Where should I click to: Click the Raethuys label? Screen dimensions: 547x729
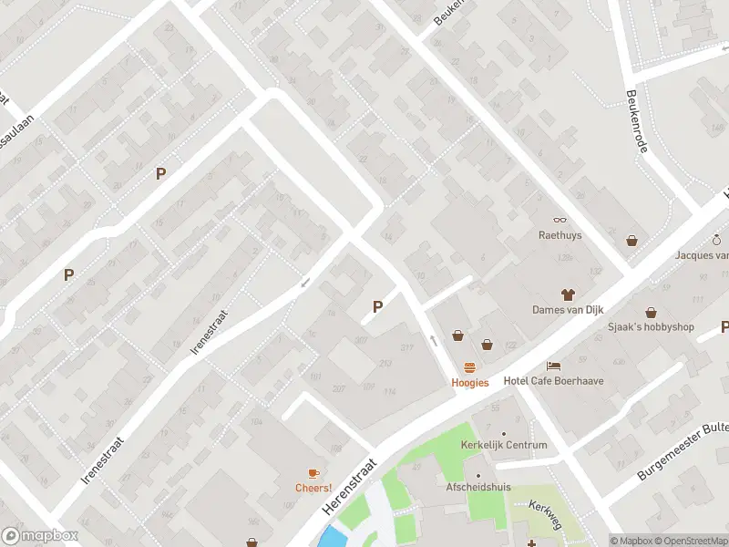560,234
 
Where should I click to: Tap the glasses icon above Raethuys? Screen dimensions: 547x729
560,219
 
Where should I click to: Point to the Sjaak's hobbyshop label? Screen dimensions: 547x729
652,327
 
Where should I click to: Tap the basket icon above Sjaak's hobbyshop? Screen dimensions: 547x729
652,313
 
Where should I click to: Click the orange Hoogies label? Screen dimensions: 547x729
470,383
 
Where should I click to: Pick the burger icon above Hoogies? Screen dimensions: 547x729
470,367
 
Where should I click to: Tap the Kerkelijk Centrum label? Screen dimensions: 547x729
504,445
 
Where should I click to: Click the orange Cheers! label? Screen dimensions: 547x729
313,488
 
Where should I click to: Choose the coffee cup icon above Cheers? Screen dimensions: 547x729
313,472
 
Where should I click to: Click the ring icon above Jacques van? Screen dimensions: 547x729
717,240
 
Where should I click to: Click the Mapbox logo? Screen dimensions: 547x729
40,536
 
